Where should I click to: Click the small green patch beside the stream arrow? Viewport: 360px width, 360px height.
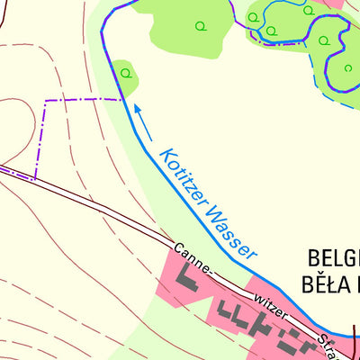[125, 76]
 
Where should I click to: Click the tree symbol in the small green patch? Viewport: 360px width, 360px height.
[125, 73]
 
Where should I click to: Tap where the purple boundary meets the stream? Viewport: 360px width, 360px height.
[121, 98]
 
